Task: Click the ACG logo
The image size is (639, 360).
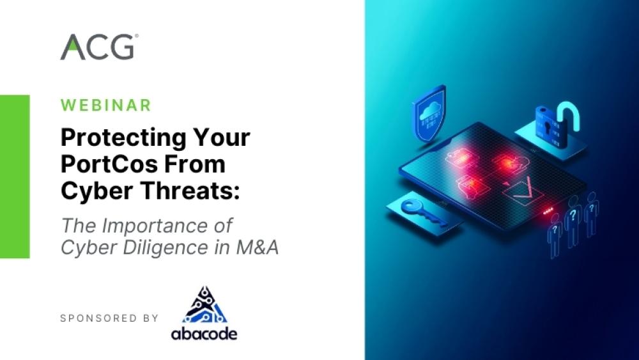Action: click(x=99, y=47)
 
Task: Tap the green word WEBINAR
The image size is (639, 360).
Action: click(x=106, y=106)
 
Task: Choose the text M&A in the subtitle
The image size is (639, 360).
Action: click(x=257, y=247)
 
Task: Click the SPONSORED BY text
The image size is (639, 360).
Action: click(x=109, y=318)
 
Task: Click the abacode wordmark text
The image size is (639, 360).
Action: click(x=204, y=334)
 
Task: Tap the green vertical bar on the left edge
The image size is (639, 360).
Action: click(x=15, y=176)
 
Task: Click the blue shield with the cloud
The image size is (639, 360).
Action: click(x=429, y=113)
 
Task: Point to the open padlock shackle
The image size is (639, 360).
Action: click(x=570, y=116)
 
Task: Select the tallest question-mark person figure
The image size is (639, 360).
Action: click(x=573, y=221)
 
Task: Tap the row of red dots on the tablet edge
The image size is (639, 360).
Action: click(x=548, y=211)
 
